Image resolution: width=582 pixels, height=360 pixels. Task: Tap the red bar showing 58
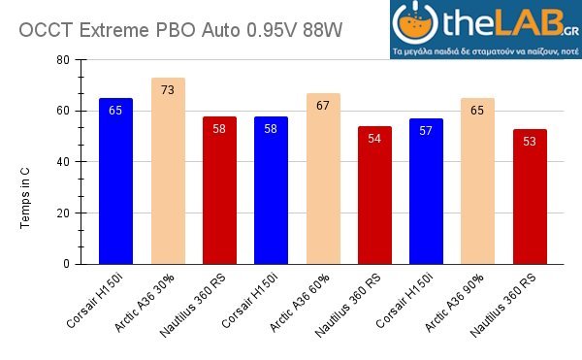tap(219, 190)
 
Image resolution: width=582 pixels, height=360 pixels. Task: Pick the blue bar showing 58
tap(271, 190)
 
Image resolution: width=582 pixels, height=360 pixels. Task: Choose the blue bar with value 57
tap(426, 191)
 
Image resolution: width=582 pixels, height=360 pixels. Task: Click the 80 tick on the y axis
tap(63, 60)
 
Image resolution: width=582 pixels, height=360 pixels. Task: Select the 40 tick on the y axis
tap(63, 162)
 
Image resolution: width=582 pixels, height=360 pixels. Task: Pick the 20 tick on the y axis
tap(63, 213)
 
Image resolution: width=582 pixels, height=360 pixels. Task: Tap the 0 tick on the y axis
tap(66, 264)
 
